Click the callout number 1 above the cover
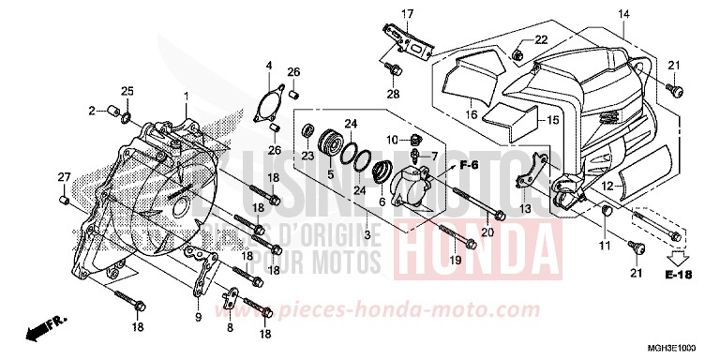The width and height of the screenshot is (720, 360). pyautogui.click(x=186, y=97)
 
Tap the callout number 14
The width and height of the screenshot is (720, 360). pyautogui.click(x=623, y=13)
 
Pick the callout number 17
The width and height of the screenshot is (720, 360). pyautogui.click(x=407, y=13)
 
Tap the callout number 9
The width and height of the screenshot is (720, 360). pyautogui.click(x=197, y=317)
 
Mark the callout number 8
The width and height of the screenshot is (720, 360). pyautogui.click(x=231, y=328)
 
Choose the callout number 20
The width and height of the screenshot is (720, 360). pyautogui.click(x=487, y=232)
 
